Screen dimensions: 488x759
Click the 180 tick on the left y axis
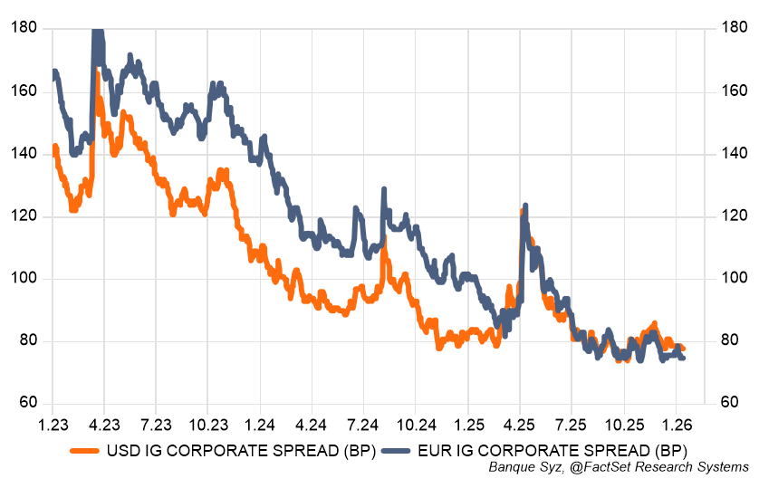pos(24,28)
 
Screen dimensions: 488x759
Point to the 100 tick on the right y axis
pos(735,279)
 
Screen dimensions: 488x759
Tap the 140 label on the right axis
pos(735,154)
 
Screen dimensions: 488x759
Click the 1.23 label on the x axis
pos(53,424)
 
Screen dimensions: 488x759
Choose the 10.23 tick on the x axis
pos(207,424)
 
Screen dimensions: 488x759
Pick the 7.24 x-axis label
pos(363,424)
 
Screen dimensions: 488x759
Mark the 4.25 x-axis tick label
pos(520,424)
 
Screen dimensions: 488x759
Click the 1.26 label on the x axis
pos(676,424)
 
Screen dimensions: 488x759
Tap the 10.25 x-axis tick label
pos(623,424)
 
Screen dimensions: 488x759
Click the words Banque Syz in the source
pos(524,467)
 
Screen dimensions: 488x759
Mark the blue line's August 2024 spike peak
pos(384,190)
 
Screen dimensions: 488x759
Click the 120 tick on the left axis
pos(24,216)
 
